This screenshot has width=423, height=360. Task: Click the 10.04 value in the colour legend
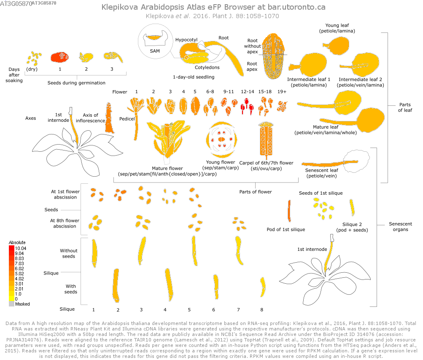coord(21,249)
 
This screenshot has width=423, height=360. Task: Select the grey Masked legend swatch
coord(11,303)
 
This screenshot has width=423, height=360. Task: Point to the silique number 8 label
coord(261,309)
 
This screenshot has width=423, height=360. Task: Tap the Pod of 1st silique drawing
coord(289,211)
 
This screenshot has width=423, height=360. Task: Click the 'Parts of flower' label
coord(256,192)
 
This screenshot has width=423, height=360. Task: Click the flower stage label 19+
coord(282,91)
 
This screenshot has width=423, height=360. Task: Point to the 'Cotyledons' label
coord(207,67)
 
